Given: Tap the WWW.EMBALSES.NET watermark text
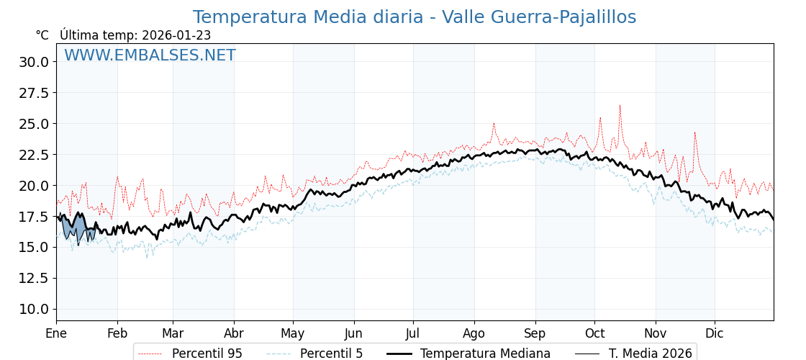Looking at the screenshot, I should pos(150,55).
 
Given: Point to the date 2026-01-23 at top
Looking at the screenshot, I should pos(176,35).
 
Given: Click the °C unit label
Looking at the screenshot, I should pos(42,35).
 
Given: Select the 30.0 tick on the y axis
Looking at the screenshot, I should pos(34,62).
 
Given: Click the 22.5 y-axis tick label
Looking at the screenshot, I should pos(34,155).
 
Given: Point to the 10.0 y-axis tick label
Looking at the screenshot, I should pos(34,309).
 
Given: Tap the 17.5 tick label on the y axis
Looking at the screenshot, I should pos(34,216).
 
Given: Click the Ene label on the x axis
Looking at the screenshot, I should pos(56,333).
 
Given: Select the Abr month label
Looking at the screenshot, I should pos(234,333).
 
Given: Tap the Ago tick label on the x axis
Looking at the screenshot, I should pos(474,333).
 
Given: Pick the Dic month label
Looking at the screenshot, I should pos(715,333).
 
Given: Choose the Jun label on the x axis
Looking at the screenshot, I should pos(353,333).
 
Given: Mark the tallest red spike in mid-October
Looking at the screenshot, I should pos(620,107).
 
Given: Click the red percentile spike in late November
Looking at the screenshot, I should pos(694,133).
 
